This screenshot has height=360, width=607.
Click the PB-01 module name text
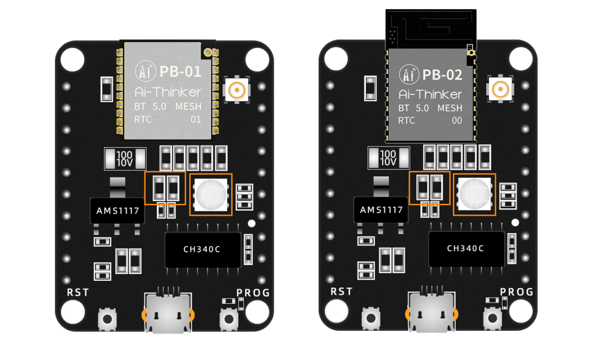tap(180, 71)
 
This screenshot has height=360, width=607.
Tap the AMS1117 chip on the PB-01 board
tap(115, 210)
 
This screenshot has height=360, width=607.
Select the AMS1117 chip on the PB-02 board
tap(381, 210)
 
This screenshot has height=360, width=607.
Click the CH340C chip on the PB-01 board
tap(202, 249)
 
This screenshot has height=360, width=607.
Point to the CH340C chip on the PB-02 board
tap(465, 248)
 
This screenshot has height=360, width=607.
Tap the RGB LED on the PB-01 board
tap(211, 194)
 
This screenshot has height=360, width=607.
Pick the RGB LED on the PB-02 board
tap(474, 194)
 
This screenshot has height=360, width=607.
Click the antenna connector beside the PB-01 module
tap(238, 90)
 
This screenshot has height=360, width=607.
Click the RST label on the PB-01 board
tap(78, 293)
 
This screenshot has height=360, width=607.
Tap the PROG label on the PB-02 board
tap(517, 291)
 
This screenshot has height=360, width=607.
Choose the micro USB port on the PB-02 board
tap(432, 312)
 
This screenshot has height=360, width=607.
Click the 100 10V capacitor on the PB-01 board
tap(125, 158)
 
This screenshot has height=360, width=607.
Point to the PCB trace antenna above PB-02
tap(431, 27)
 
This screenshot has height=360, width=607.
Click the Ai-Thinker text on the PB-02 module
tap(431, 94)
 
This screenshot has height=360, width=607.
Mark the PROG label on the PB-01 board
tap(253, 293)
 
